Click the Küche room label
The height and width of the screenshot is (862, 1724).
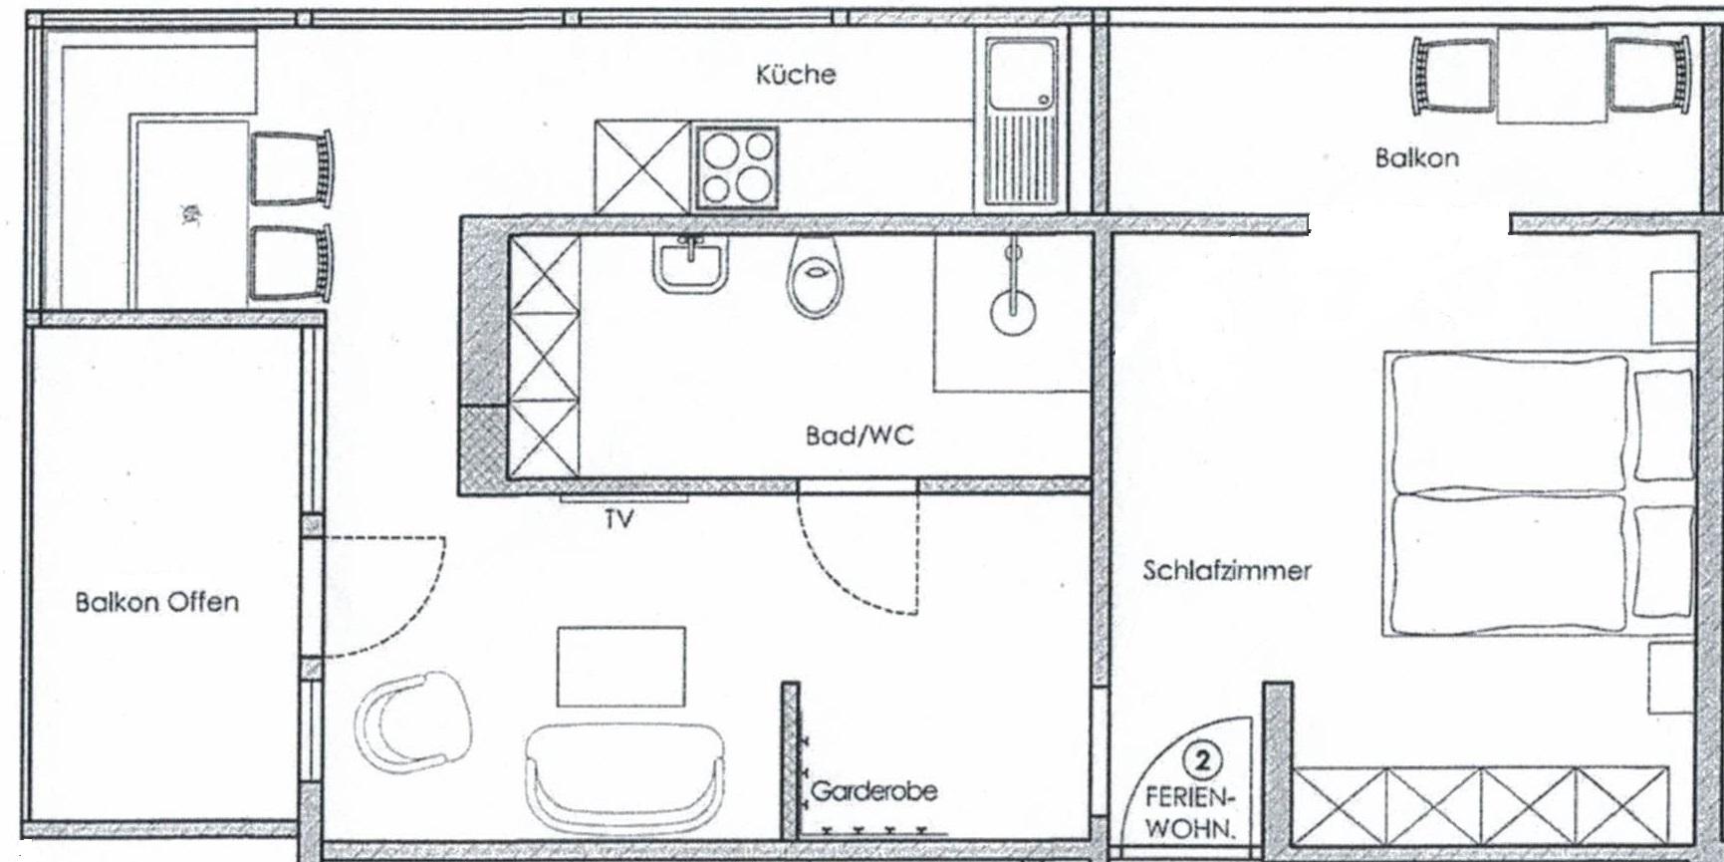click(796, 75)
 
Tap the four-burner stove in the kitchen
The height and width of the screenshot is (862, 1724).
click(737, 167)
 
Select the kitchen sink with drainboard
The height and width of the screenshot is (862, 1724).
click(1021, 120)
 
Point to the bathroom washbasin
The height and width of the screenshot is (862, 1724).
click(688, 264)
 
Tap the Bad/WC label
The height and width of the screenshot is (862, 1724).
click(859, 435)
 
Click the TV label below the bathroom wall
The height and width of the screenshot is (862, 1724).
click(618, 519)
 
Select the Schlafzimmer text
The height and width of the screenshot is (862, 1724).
click(1226, 571)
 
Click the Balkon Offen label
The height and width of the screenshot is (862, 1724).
click(157, 602)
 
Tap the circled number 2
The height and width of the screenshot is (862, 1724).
click(1202, 762)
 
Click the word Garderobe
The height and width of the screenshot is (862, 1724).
click(873, 791)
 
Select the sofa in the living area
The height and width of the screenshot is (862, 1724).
click(624, 778)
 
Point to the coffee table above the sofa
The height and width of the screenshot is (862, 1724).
click(620, 666)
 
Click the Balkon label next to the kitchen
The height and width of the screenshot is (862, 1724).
click(1416, 157)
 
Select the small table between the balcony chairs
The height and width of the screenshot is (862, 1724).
click(1551, 75)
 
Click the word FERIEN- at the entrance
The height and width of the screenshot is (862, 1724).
click(1191, 798)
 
